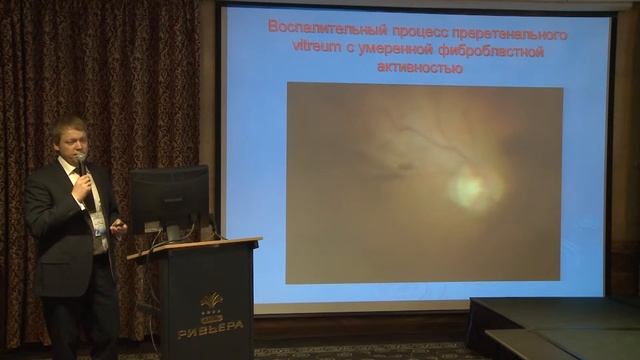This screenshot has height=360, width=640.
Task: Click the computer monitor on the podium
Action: coord(169,198)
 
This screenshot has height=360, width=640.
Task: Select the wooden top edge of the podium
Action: coord(195,247)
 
